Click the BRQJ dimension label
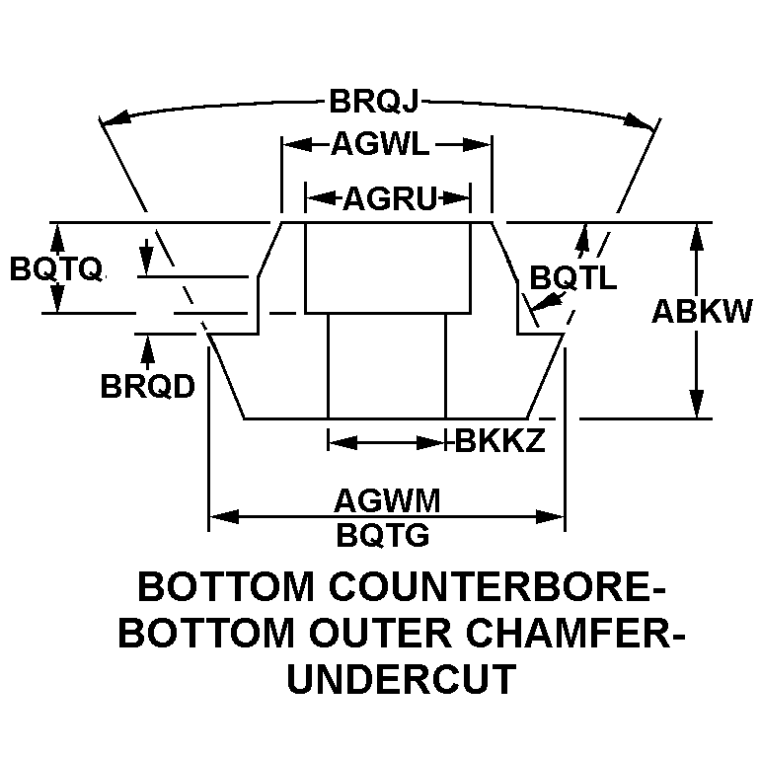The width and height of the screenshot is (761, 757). pyautogui.click(x=379, y=102)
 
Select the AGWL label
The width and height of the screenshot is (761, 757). pyautogui.click(x=380, y=146)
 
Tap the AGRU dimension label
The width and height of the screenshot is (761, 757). pyautogui.click(x=389, y=200)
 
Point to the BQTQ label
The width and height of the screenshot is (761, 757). pyautogui.click(x=55, y=269)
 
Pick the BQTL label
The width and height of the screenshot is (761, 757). pyautogui.click(x=573, y=278)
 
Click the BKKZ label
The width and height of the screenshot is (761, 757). pyautogui.click(x=500, y=441)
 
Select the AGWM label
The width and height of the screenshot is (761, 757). pyautogui.click(x=385, y=500)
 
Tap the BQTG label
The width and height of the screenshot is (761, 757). pyautogui.click(x=383, y=535)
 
